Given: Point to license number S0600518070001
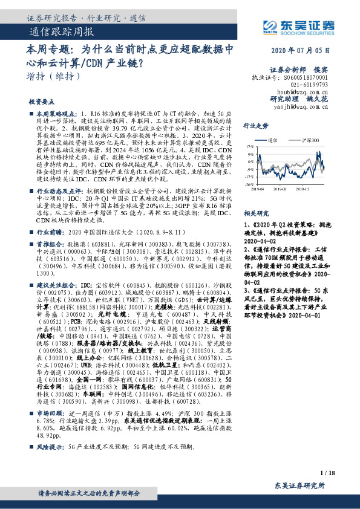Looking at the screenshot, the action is coord(306,78).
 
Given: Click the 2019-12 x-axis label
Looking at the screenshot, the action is coord(303,189).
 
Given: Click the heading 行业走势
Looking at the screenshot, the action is coord(256,126).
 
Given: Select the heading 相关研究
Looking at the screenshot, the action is coord(256,213).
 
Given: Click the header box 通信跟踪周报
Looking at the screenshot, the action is coord(61,31).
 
